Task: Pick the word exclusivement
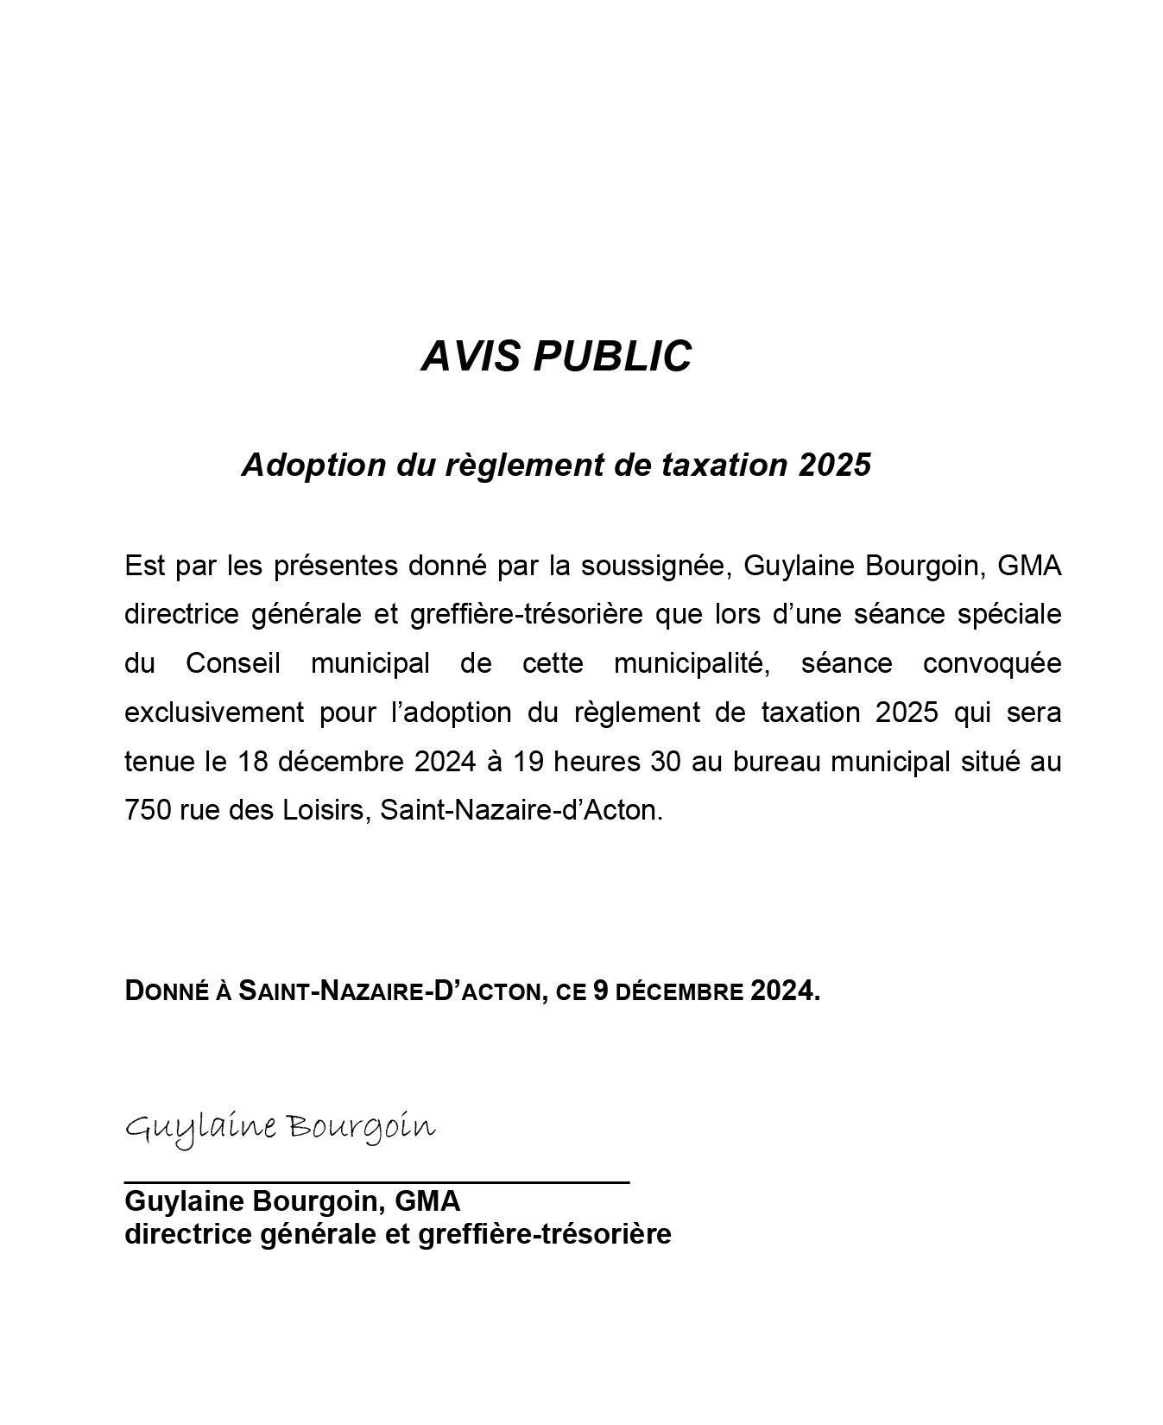pyautogui.click(x=213, y=713)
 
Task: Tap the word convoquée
pyautogui.click(x=992, y=664)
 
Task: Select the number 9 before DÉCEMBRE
pyautogui.click(x=602, y=991)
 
